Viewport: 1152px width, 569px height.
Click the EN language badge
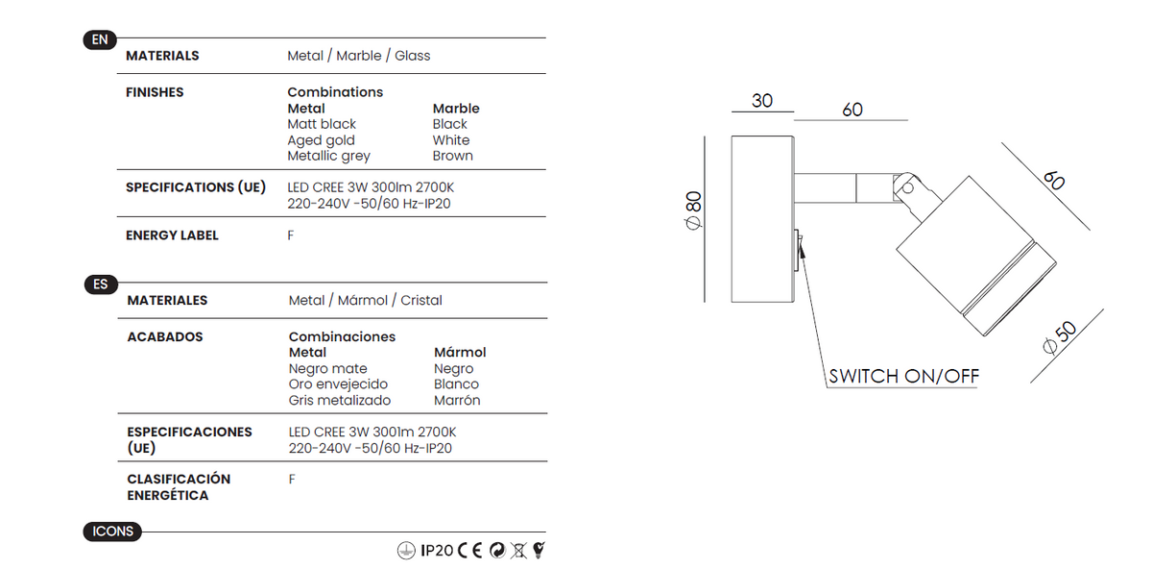(x=100, y=39)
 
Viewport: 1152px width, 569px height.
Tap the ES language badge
(x=101, y=284)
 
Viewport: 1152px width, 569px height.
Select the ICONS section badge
(x=112, y=532)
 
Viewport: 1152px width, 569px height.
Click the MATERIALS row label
(x=162, y=56)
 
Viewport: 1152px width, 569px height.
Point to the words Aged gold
(x=321, y=140)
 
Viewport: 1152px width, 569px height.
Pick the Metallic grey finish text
(x=328, y=156)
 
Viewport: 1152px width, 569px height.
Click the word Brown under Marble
(x=452, y=156)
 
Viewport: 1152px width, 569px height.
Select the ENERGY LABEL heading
(x=172, y=235)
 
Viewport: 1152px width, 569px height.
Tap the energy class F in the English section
(x=291, y=235)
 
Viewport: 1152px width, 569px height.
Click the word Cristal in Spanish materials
(x=421, y=300)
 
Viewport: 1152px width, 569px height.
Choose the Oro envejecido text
(x=338, y=384)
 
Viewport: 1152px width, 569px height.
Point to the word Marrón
(x=457, y=401)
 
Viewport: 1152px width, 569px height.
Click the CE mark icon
(x=470, y=551)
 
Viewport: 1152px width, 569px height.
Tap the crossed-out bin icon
(x=518, y=551)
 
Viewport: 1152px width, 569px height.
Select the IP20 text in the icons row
(x=437, y=551)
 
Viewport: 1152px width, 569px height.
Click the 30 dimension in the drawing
(x=761, y=100)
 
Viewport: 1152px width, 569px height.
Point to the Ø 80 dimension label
(x=693, y=210)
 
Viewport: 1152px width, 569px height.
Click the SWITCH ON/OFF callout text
(x=903, y=377)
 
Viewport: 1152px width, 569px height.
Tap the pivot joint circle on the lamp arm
(x=907, y=188)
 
